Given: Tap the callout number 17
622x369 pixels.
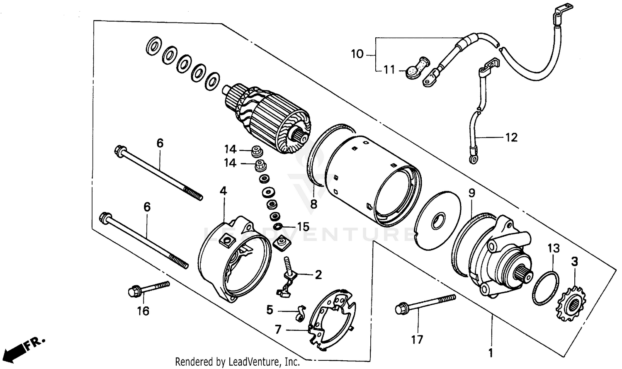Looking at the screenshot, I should point(417,340).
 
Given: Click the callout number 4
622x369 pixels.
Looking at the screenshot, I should point(223,191).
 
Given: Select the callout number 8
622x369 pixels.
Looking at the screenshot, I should point(313,204).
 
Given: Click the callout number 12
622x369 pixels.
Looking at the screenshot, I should point(511,137).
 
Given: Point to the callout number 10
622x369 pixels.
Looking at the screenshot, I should point(357,54).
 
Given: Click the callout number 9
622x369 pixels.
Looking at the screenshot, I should point(471,193).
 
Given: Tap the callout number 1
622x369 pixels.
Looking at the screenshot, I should point(491,354).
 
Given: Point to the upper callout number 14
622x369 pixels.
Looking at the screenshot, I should point(230,149).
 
